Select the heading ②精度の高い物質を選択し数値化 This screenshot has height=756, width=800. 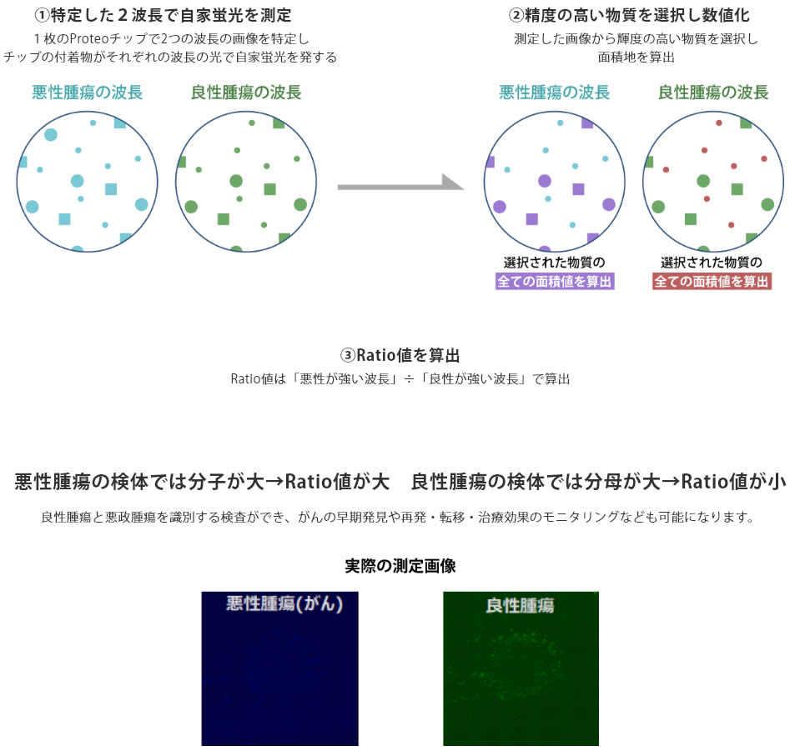pos(629,15)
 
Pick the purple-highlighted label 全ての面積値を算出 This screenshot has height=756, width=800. pos(555,282)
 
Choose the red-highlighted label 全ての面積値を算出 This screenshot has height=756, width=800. pos(712,282)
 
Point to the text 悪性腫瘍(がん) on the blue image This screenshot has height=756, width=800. pos(284,605)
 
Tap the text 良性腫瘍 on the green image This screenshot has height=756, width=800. pos(520,605)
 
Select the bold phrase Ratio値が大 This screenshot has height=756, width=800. pos(338,482)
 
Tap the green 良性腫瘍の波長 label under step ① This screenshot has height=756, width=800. pos(246,93)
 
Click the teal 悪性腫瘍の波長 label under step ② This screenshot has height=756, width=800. pos(555,93)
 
